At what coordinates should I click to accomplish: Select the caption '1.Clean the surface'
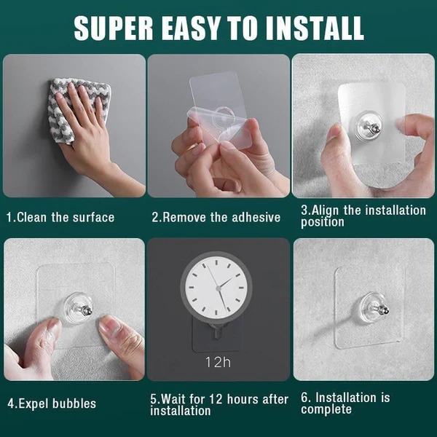[60, 217]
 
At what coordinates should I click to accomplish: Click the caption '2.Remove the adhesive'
[216, 217]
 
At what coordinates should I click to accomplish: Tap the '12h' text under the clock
[219, 361]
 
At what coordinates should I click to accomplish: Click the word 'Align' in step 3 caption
[326, 210]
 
